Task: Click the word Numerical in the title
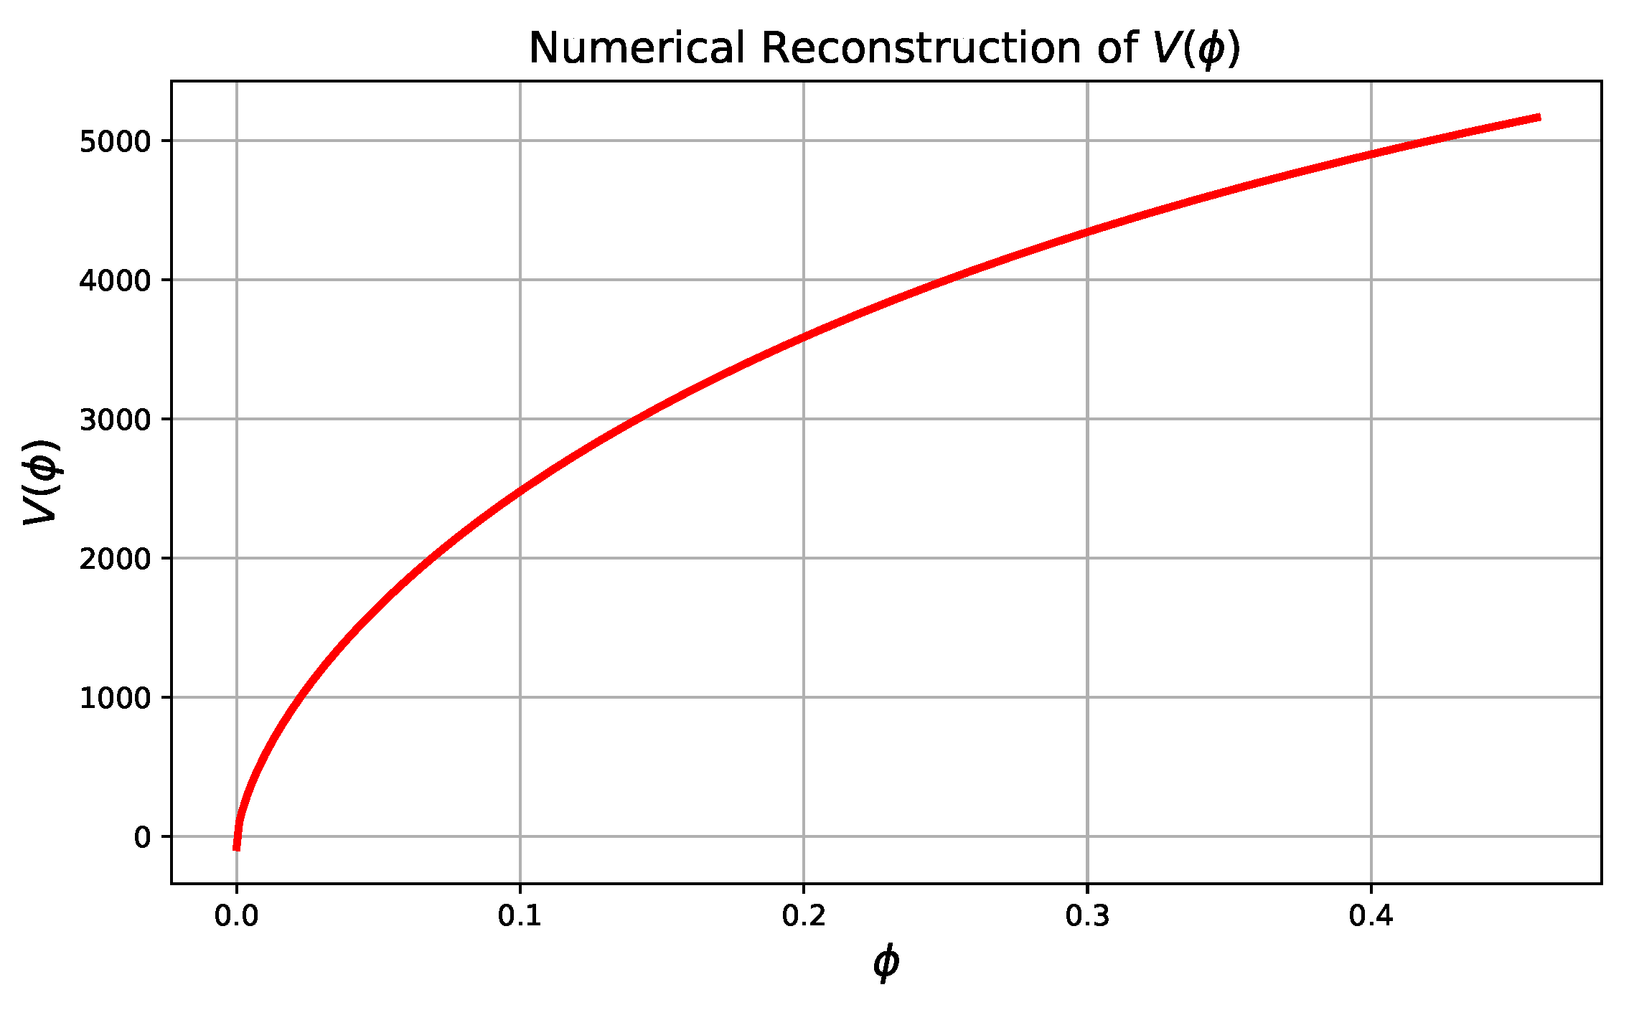coord(637,49)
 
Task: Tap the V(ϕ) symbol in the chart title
coord(1196,49)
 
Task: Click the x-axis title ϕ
coord(886,963)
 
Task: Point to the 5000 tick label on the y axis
coord(116,141)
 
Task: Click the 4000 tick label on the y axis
coord(116,280)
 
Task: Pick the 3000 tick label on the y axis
coord(116,420)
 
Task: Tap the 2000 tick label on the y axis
coord(116,559)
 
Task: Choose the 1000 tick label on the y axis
coord(116,698)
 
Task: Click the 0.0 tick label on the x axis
coord(236,917)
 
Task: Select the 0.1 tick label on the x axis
coord(520,917)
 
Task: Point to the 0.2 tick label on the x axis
coord(804,917)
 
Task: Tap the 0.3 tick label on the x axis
coord(1087,917)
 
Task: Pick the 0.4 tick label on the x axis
coord(1371,917)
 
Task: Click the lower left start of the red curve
coord(236,849)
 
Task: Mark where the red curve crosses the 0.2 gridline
coord(804,336)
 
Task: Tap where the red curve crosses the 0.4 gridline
coord(1371,154)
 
